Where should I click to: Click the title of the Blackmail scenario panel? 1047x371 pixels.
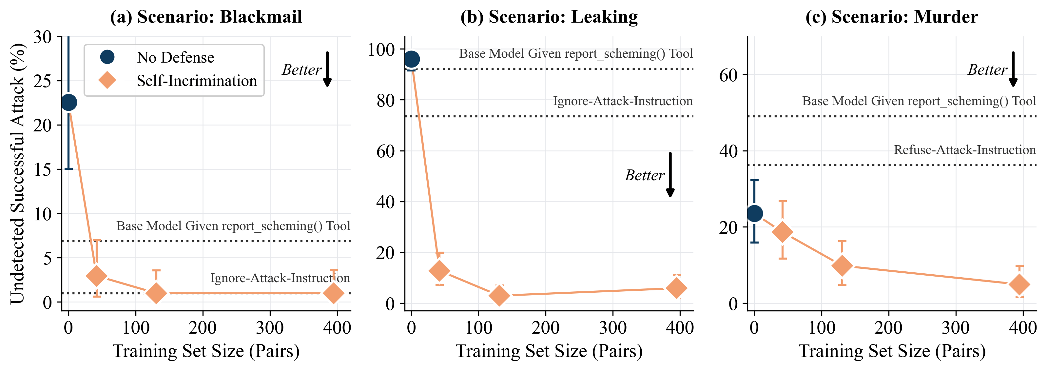pyautogui.click(x=206, y=17)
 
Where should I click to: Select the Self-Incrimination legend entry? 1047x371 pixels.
pyautogui.click(x=197, y=81)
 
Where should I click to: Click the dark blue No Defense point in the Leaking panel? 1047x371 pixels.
pyautogui.click(x=411, y=59)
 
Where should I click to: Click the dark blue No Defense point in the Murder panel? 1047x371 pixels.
pyautogui.click(x=754, y=213)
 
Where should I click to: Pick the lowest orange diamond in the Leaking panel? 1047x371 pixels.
pyautogui.click(x=499, y=295)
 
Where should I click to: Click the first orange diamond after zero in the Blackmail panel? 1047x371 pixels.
pyautogui.click(x=96, y=276)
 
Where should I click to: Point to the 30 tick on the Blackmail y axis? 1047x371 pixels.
pyautogui.click(x=42, y=37)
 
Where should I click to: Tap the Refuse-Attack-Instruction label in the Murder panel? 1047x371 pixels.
pyautogui.click(x=964, y=150)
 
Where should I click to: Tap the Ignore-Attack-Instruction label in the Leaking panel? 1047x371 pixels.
pyautogui.click(x=623, y=101)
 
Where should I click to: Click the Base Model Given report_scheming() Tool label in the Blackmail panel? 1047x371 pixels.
pyautogui.click(x=233, y=226)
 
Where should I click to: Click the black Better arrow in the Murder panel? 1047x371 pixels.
pyautogui.click(x=1013, y=69)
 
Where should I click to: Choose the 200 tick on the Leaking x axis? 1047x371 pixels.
pyautogui.click(x=545, y=327)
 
